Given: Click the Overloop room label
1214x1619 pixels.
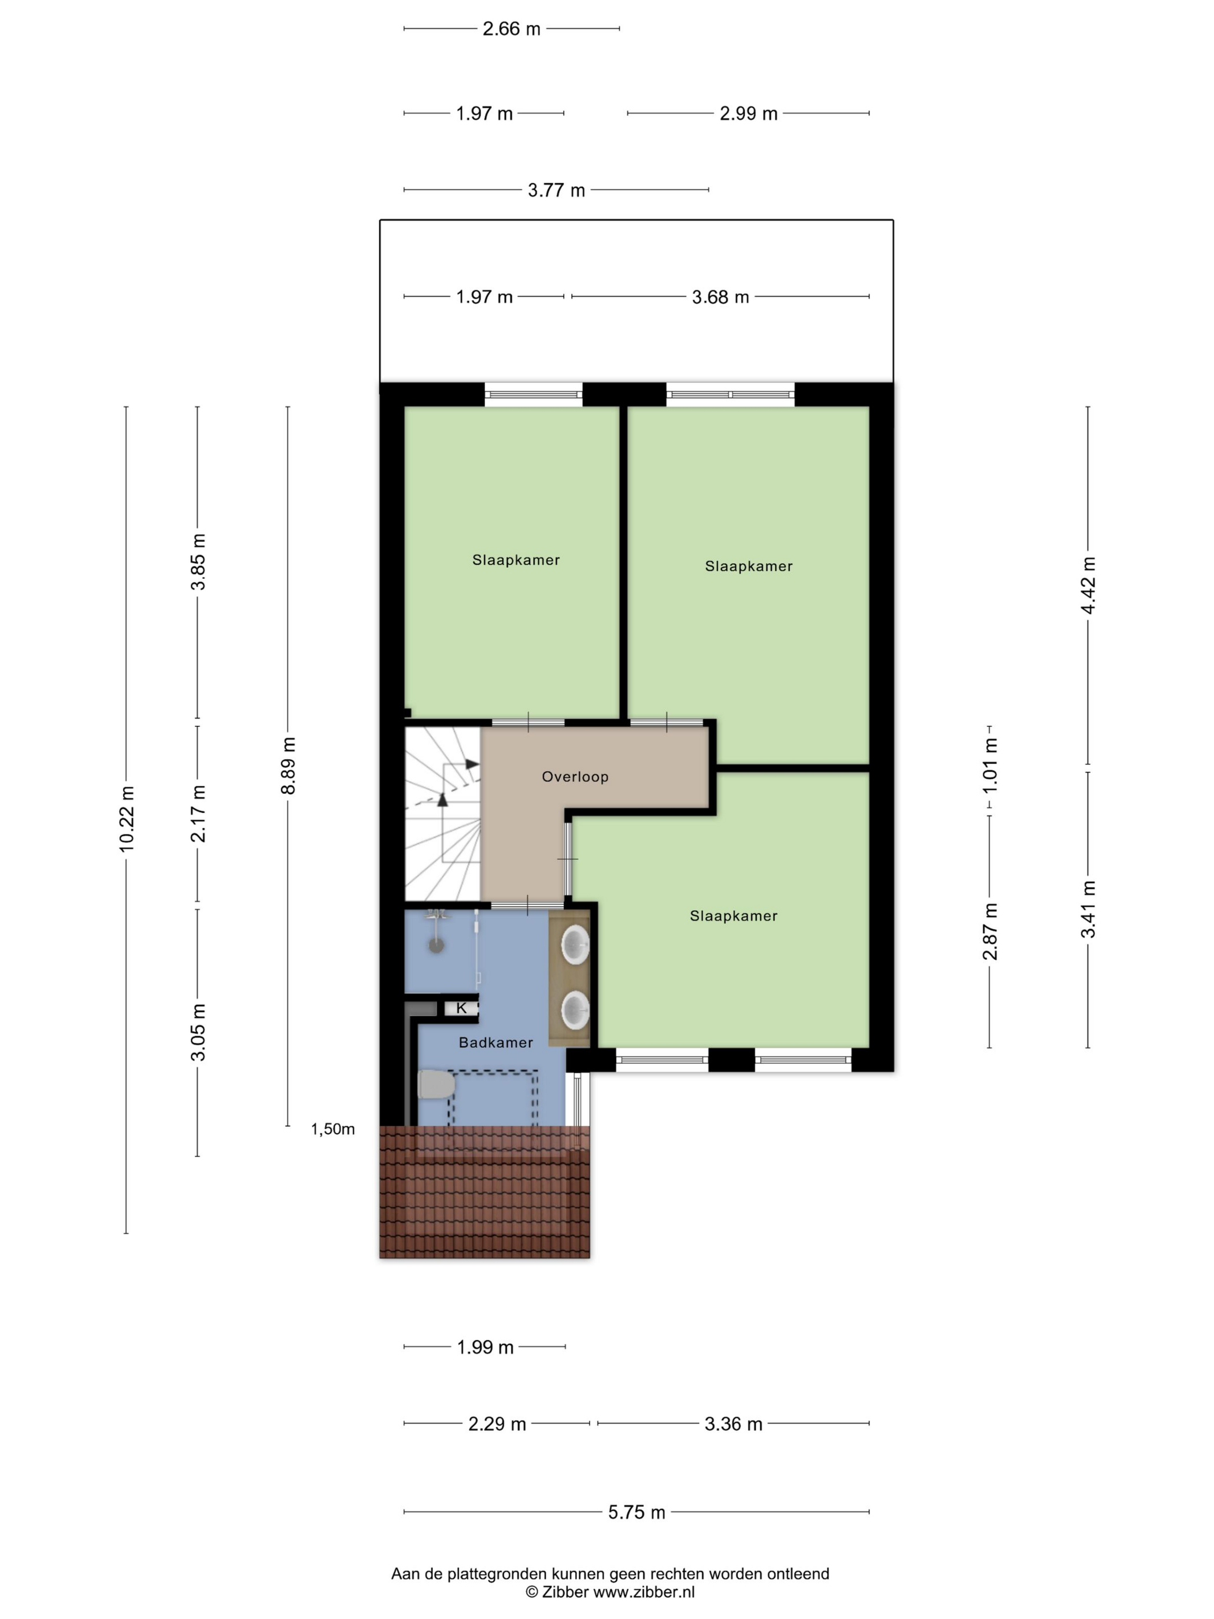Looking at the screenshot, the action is (x=575, y=777).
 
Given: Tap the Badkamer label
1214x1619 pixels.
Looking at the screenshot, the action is (x=495, y=1043).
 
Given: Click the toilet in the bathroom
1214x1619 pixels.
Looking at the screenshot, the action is (x=434, y=1084).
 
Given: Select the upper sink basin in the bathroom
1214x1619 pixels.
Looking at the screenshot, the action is (x=575, y=944).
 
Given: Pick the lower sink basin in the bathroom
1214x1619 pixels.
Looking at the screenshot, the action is (x=575, y=1011).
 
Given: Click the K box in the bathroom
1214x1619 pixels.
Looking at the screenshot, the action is (x=461, y=1008).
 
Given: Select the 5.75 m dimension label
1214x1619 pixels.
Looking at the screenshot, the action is (x=636, y=1512).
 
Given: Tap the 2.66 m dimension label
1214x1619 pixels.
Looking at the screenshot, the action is (x=512, y=28).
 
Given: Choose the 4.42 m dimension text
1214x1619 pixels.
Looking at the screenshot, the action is (x=1088, y=586).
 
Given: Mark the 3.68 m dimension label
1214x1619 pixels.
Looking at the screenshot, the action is (x=721, y=297).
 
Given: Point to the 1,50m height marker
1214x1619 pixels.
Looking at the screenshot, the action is (x=333, y=1129).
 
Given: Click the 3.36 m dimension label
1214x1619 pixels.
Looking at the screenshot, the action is (x=733, y=1424).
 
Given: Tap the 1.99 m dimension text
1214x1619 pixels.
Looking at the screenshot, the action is (x=485, y=1347).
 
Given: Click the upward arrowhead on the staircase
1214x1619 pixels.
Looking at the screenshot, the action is (x=442, y=800).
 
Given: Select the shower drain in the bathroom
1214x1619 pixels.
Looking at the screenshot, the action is (x=436, y=947).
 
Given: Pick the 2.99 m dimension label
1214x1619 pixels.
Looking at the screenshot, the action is (x=748, y=113).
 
